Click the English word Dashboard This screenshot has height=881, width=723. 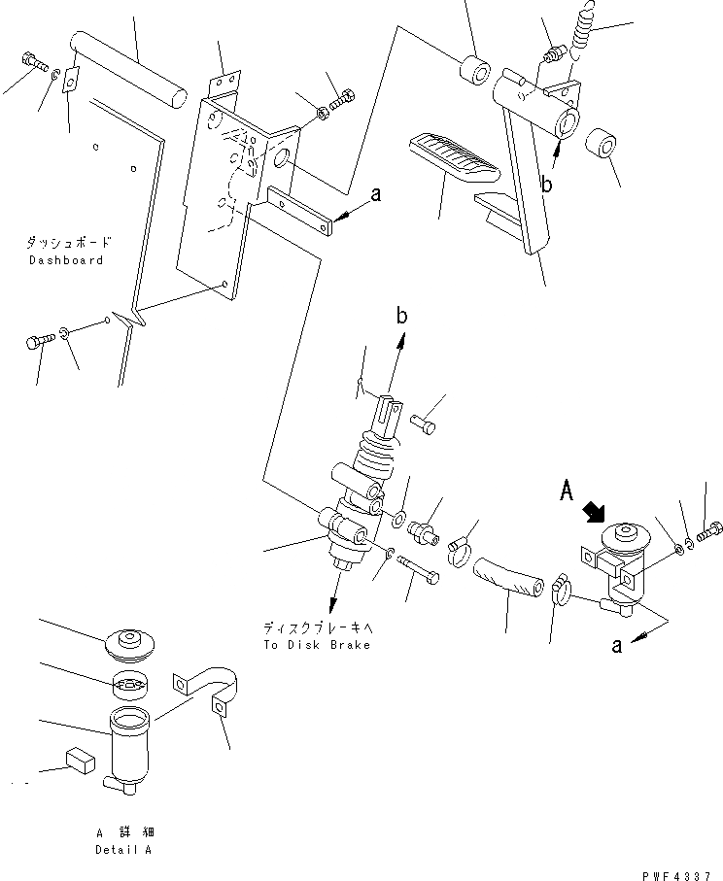[x=65, y=260]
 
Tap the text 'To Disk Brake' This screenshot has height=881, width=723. [x=317, y=646]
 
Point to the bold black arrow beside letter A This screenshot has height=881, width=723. [x=592, y=511]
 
